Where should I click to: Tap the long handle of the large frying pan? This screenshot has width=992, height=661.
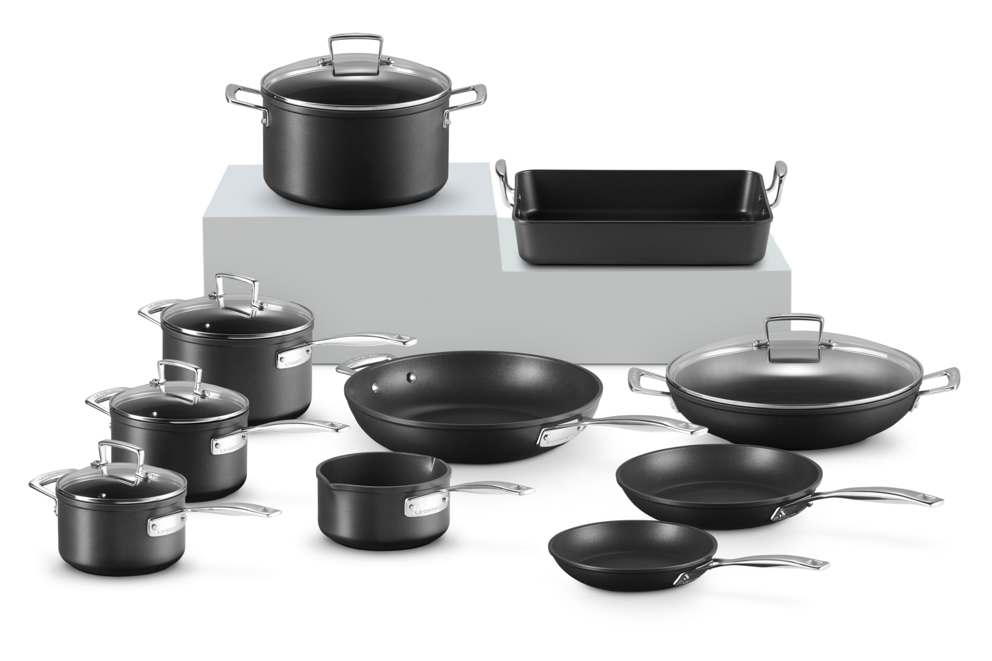(x=643, y=425)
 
